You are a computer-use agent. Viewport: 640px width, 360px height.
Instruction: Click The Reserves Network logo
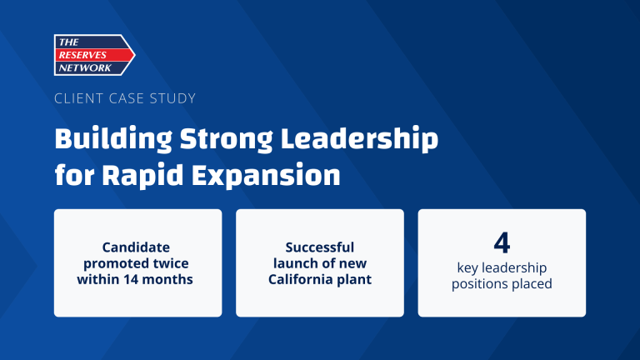pos(94,55)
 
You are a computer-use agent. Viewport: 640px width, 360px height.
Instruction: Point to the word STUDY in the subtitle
pos(174,98)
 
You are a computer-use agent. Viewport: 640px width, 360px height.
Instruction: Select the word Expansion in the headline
pos(261,176)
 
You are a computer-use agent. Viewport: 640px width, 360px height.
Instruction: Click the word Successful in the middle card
pos(320,247)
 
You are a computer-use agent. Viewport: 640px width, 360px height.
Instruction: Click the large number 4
pos(502,242)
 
